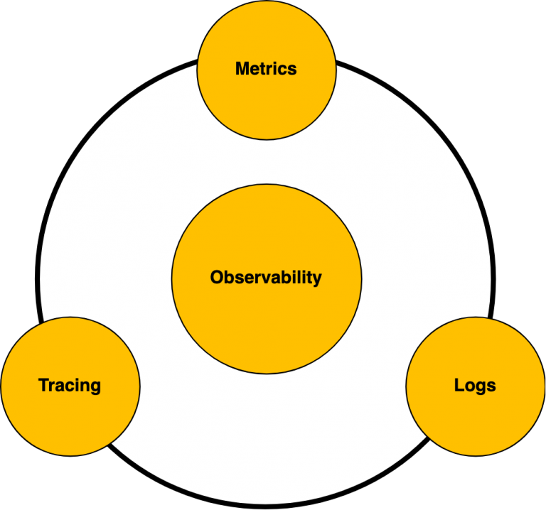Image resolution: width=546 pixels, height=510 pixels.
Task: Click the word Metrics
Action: [x=266, y=69]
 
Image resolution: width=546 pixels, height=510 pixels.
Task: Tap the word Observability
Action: [x=266, y=278]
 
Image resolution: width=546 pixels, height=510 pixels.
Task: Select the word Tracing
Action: [x=70, y=386]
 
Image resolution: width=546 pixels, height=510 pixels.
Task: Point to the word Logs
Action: [x=475, y=386]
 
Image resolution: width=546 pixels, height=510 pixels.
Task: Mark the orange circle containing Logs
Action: [x=475, y=419]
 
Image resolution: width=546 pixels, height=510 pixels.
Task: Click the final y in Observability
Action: [x=317, y=279]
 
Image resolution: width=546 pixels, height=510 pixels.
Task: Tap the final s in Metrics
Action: [x=292, y=70]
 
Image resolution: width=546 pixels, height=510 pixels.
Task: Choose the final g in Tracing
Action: [x=96, y=388]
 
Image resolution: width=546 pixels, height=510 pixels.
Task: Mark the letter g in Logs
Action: [x=480, y=388]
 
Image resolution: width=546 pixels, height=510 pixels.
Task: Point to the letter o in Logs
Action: [x=469, y=386]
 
